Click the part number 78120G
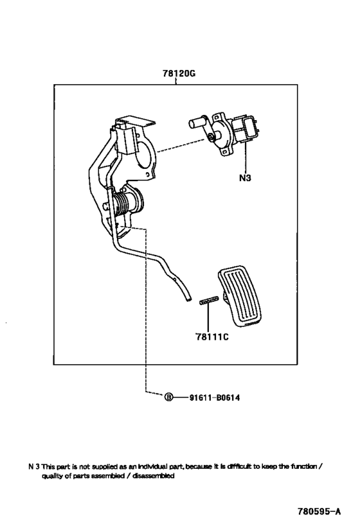coord(179,73)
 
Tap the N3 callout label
coord(245,178)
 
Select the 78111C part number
coord(212,337)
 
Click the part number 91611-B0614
coord(215,398)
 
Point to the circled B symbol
coord(168,398)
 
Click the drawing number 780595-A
coord(319,511)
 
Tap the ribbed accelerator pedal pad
coord(240,295)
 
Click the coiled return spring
coord(122,202)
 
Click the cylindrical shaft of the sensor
coord(198,122)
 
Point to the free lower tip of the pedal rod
coord(189,299)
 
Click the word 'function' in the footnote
coord(304,466)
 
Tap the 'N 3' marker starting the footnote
coord(34,466)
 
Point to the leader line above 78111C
coord(208,318)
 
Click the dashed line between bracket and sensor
coord(181,145)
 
